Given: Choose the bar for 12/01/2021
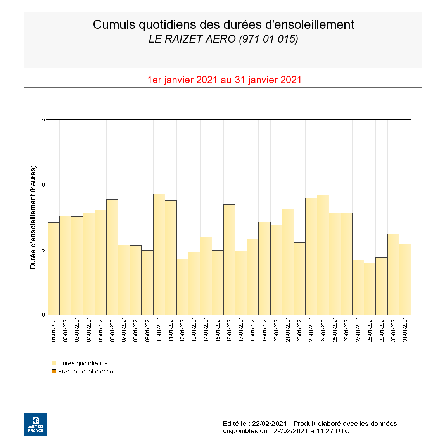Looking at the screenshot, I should tap(182, 287).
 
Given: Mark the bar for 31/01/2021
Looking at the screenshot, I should tap(405, 279).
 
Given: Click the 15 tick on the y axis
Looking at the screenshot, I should tap(42, 119).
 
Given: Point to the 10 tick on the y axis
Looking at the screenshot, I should tap(42, 185).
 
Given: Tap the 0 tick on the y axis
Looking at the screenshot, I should tap(43, 315).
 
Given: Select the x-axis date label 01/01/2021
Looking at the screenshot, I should tap(54, 330).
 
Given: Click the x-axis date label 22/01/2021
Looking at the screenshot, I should tap(300, 330).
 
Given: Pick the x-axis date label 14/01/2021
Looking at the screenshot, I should tap(206, 330).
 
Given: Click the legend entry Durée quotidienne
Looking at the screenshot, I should tap(83, 363).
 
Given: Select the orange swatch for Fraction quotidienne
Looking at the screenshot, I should tap(54, 372).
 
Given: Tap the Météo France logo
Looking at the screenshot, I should tap(36, 425).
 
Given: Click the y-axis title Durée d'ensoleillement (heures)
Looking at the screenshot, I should tap(33, 217).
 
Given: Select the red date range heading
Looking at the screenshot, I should tap(224, 80).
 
